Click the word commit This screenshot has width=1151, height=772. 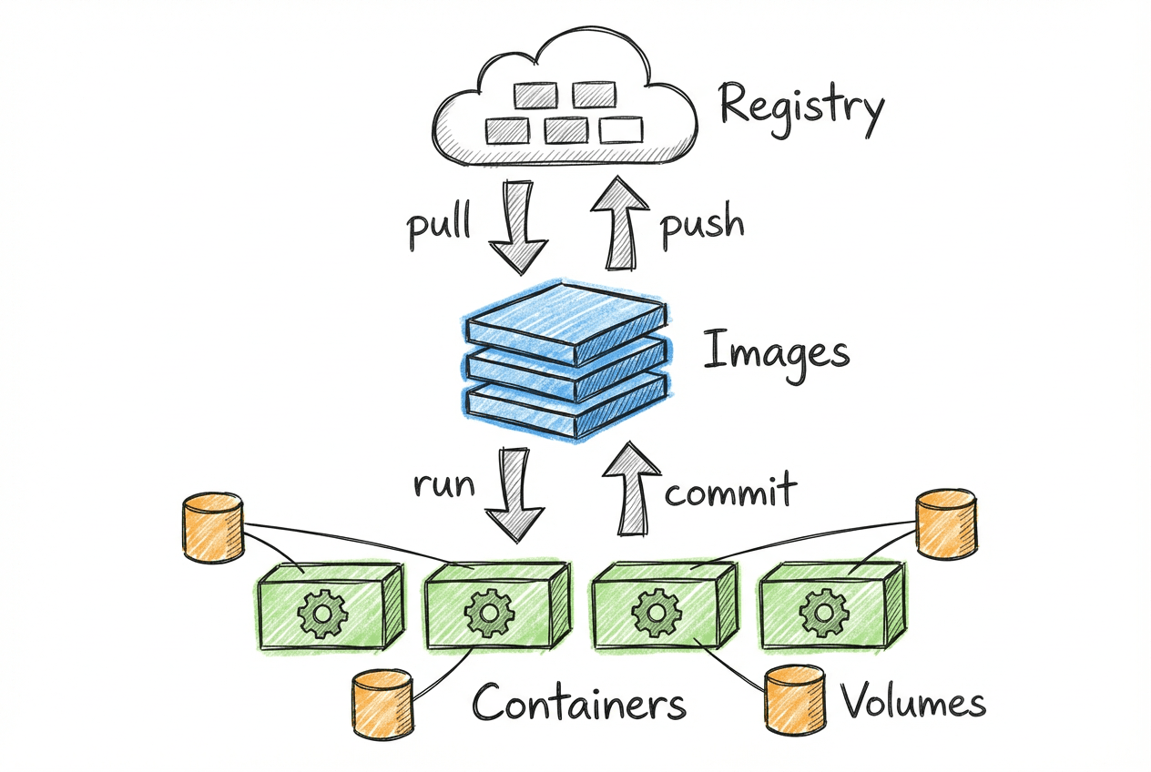click(730, 492)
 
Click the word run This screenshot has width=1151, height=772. click(444, 483)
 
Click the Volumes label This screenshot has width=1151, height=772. click(913, 703)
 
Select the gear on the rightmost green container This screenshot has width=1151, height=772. click(817, 613)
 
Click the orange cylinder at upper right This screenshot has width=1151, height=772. click(946, 523)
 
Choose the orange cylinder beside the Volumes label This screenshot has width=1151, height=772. click(795, 698)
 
